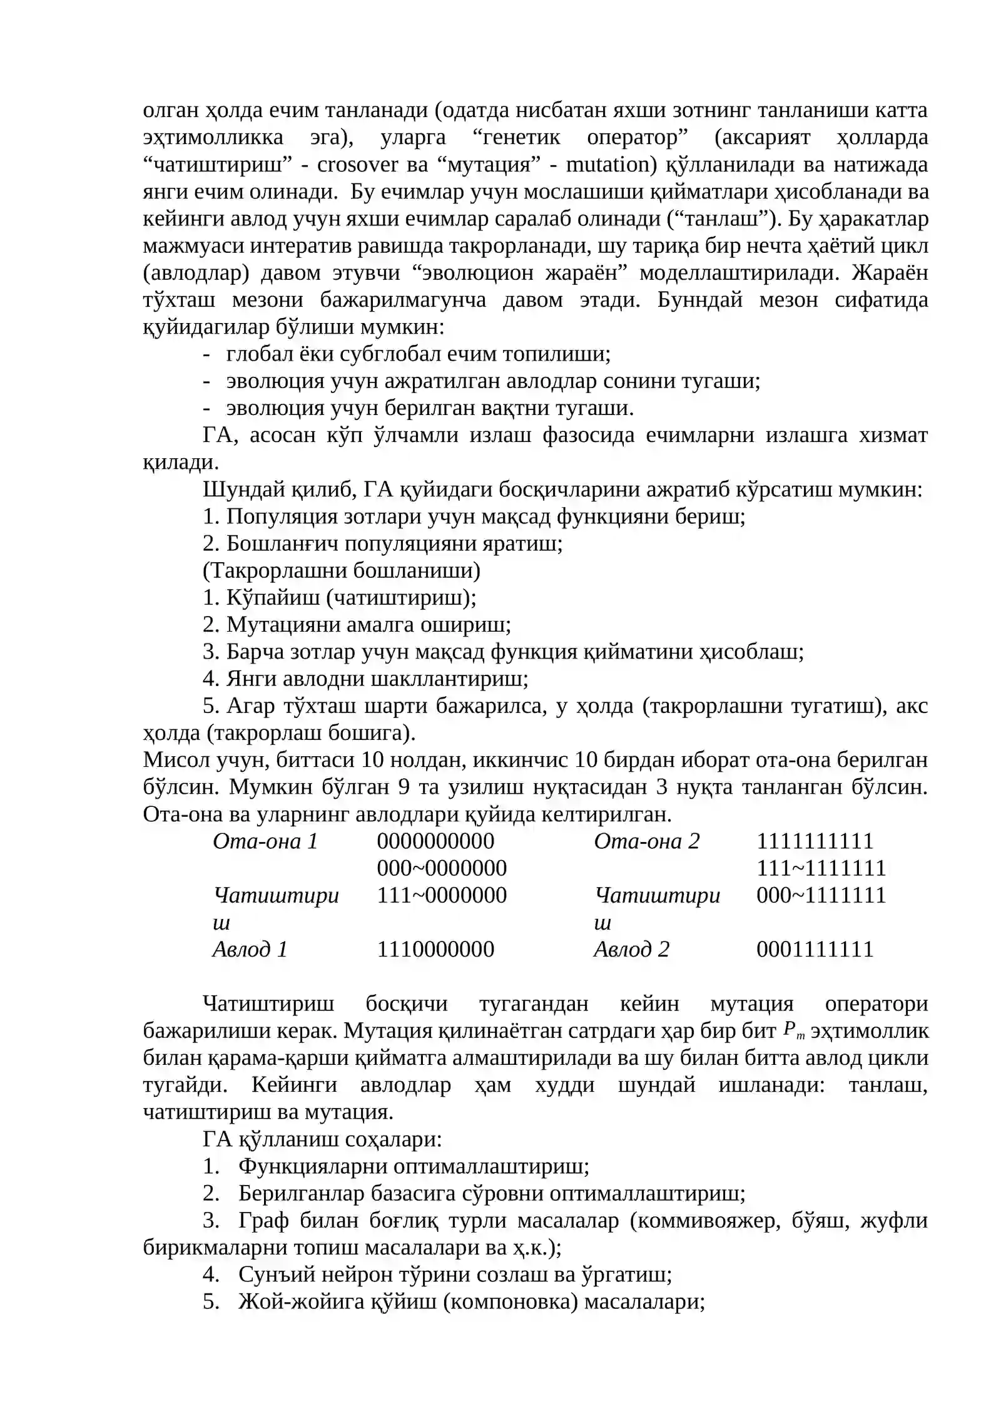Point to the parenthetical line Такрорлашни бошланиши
tap(342, 570)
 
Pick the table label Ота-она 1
tap(265, 841)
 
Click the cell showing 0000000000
tap(435, 841)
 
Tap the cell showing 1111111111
tap(815, 841)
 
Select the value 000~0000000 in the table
tap(442, 868)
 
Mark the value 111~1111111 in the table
tap(821, 868)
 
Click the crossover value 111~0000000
tap(442, 895)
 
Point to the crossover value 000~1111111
tap(821, 895)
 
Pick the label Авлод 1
tap(250, 949)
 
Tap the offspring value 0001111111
tap(815, 949)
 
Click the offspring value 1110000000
tap(435, 949)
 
